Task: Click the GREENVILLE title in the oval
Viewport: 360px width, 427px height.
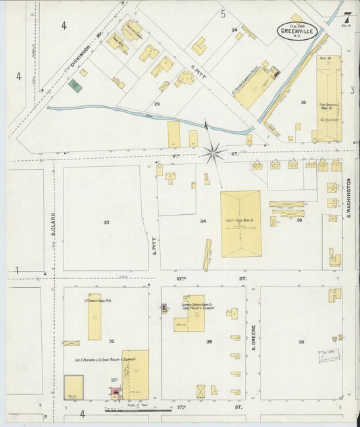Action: [297, 30]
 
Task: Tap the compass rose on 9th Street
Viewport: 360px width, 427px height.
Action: [213, 153]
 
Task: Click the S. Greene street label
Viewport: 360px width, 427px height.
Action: [253, 337]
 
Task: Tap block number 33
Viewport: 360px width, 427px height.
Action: [106, 222]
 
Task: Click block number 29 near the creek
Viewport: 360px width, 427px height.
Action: [157, 103]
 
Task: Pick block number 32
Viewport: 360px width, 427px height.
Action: [111, 342]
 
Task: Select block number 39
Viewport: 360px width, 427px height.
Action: [299, 220]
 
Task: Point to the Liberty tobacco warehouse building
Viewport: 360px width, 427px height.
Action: [240, 223]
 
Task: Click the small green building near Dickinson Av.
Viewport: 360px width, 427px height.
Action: [74, 86]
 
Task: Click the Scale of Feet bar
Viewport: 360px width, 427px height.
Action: [135, 408]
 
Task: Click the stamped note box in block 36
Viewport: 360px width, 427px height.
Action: [329, 356]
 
